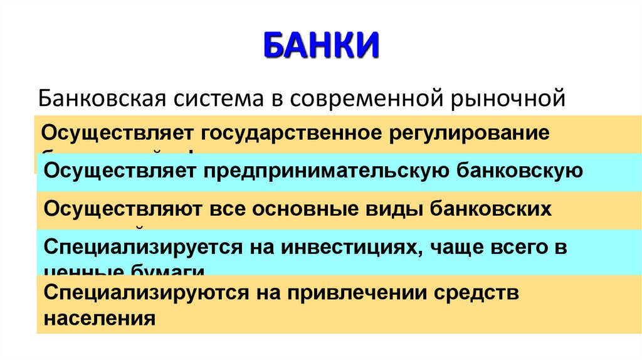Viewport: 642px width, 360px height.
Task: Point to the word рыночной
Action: click(513, 98)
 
